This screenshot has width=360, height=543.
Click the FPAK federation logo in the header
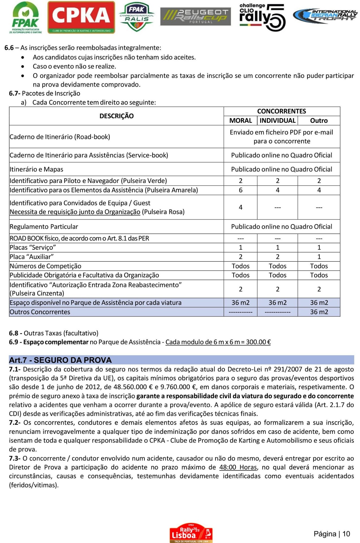[x=25, y=18]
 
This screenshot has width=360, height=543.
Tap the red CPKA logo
[x=81, y=17]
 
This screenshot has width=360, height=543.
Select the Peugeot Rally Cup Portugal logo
[x=195, y=16]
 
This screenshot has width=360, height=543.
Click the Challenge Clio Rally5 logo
[x=262, y=17]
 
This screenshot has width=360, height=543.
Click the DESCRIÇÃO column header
[x=116, y=116]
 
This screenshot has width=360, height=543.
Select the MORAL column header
[x=240, y=121]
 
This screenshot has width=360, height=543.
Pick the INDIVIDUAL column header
[x=277, y=121]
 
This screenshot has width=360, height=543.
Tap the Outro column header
[x=319, y=121]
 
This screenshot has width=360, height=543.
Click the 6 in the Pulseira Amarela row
[x=240, y=190]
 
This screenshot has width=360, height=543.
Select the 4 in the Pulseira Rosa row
[x=240, y=207]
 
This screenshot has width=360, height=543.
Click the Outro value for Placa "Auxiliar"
[x=319, y=257]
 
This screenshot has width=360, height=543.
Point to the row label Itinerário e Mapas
[x=36, y=169]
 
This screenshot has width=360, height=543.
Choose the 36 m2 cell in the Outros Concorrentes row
[x=319, y=312]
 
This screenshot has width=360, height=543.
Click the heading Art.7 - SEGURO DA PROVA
[x=60, y=360]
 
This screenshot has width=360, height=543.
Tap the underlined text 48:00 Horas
[x=238, y=467]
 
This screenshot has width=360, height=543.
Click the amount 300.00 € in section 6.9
[x=258, y=342]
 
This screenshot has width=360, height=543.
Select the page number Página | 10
[x=331, y=534]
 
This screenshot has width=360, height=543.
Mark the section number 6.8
[x=14, y=333]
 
